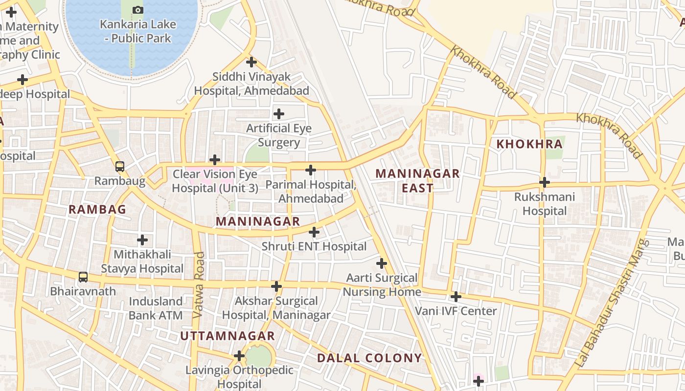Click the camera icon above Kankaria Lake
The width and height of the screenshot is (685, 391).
[138, 10]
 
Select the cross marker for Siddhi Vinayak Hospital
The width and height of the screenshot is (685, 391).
[251, 62]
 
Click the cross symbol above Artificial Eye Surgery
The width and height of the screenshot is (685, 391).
[279, 114]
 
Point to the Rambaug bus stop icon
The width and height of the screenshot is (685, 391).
[120, 167]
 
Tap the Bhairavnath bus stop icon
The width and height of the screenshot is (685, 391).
[83, 277]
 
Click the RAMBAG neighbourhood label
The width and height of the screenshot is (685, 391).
[97, 210]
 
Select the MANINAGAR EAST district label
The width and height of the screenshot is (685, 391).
[417, 180]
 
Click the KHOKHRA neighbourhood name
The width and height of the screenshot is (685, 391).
[529, 144]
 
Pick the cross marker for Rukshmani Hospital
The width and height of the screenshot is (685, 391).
[544, 182]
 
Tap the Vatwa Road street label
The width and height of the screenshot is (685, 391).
[198, 285]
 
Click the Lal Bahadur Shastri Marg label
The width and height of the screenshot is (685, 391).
[611, 303]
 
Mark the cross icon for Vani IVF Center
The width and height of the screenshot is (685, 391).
[456, 297]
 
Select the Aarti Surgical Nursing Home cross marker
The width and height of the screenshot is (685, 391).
[382, 263]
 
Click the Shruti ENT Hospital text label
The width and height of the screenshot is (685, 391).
[314, 246]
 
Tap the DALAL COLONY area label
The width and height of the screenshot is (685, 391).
[369, 358]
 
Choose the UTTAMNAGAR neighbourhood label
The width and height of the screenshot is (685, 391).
[228, 336]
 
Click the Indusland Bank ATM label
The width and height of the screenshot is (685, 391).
[156, 308]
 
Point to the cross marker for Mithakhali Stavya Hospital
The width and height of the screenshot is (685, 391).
[142, 240]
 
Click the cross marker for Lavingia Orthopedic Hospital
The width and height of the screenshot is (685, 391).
[239, 355]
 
